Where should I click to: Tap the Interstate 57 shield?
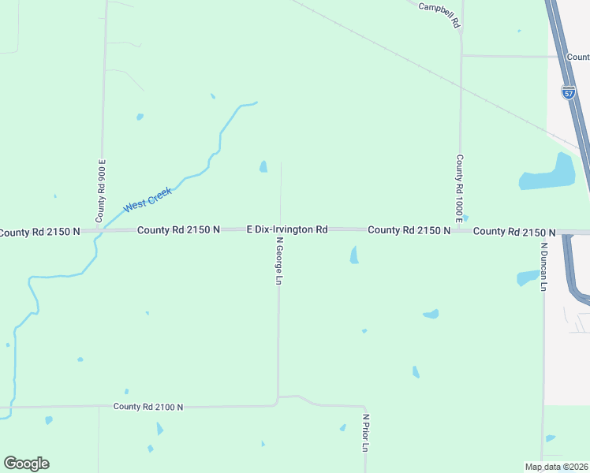(568, 92)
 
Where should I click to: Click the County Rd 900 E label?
(101, 190)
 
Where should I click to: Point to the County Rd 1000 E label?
(459, 185)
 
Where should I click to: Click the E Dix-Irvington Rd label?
(286, 229)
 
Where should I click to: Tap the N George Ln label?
(279, 263)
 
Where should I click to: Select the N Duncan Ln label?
(543, 266)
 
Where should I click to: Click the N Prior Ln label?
(365, 433)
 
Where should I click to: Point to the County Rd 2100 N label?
(147, 407)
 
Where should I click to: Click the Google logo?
(27, 464)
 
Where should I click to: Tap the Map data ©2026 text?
(556, 467)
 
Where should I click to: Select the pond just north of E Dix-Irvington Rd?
(263, 166)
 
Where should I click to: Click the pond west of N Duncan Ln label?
(527, 277)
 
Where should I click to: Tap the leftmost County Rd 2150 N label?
(39, 232)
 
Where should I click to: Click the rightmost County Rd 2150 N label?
(514, 232)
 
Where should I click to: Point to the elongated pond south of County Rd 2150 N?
(354, 255)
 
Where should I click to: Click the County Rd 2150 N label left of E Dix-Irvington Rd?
(178, 230)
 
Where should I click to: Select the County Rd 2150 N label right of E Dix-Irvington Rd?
(409, 230)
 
